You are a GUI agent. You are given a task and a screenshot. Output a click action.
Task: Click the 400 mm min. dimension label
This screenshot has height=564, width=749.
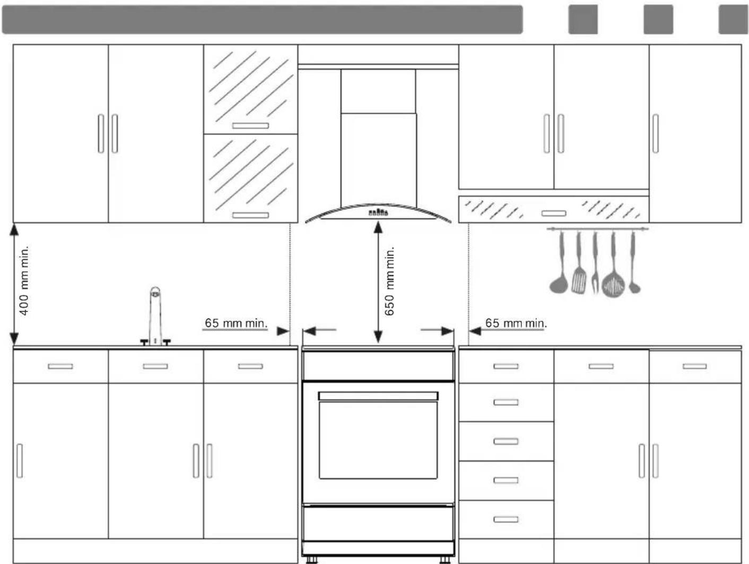point(24,280)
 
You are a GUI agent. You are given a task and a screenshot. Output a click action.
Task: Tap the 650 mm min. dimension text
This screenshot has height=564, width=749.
point(389,281)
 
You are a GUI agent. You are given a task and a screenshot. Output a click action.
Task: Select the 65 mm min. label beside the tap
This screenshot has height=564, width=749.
point(236,323)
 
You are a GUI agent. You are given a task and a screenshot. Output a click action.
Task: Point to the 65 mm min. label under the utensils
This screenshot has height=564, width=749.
point(516,323)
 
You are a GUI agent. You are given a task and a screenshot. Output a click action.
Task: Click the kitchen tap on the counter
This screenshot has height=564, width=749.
point(155,316)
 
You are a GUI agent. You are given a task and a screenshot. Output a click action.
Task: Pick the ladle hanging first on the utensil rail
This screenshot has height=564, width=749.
point(559,262)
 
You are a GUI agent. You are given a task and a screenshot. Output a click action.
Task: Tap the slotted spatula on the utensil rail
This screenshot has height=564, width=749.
point(579,262)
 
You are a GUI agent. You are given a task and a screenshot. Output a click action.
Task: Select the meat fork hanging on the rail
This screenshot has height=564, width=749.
point(595,262)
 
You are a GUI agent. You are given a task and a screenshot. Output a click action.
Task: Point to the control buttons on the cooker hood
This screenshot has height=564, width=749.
point(378,212)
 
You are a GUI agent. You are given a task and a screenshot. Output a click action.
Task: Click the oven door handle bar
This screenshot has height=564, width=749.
point(378,396)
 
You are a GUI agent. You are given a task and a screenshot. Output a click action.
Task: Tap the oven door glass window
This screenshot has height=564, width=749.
point(378,440)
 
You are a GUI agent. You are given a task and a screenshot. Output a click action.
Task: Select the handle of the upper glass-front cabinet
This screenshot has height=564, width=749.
point(250,126)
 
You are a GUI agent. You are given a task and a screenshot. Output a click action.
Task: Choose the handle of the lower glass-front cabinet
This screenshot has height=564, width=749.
point(250,215)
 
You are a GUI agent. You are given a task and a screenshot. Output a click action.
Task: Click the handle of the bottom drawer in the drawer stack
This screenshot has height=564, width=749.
point(506,519)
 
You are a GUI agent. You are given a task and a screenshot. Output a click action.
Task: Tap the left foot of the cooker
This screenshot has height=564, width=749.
point(311,560)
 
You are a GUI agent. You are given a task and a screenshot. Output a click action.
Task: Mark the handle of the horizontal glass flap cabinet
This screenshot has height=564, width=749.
point(554,213)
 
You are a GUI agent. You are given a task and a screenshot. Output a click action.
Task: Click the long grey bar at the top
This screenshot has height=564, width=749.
point(263,20)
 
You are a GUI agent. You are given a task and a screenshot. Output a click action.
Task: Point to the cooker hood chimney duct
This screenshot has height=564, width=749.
point(378,136)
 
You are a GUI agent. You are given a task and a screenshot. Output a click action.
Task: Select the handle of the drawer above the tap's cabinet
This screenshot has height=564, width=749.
point(155,366)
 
